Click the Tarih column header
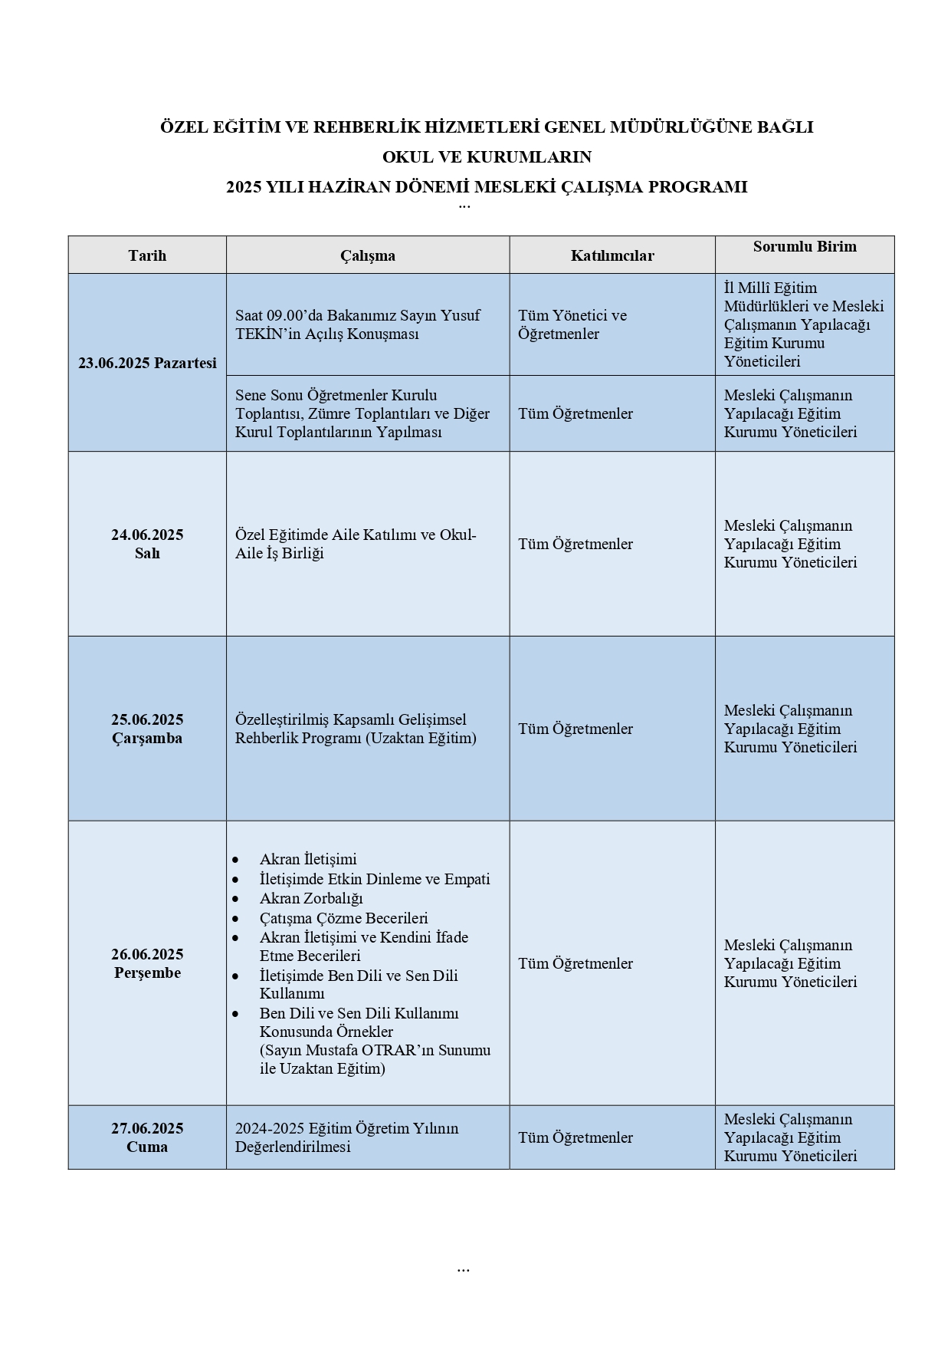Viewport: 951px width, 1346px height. [147, 255]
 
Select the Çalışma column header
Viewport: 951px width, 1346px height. [368, 255]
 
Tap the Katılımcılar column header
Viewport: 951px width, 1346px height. [612, 255]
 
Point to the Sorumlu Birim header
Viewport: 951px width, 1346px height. [805, 246]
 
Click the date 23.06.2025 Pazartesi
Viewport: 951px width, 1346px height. [147, 363]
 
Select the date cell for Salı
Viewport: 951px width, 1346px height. [147, 544]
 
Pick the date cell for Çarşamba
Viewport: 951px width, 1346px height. [147, 729]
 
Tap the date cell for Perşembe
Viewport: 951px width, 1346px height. [147, 963]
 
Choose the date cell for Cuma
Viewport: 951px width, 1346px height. [147, 1137]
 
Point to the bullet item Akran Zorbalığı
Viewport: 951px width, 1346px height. [311, 898]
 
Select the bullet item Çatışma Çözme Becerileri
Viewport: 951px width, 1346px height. [343, 918]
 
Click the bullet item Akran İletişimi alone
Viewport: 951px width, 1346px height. [308, 859]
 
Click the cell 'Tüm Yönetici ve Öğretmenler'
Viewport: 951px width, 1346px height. [572, 324]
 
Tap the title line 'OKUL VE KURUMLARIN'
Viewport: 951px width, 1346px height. [487, 157]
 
